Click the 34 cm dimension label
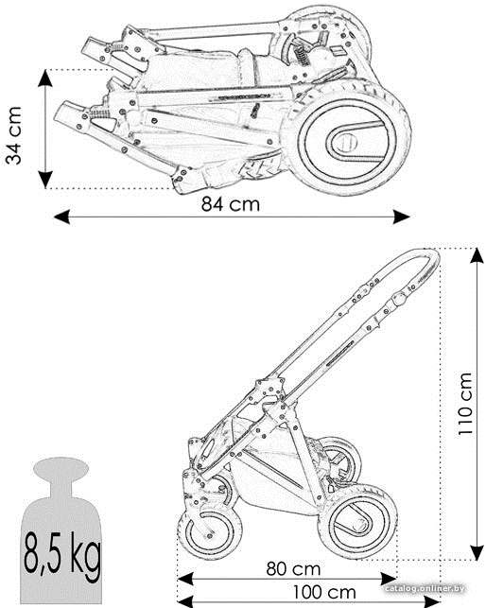coord(13,135)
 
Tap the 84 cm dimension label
coord(231,204)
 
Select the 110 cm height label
coord(465,403)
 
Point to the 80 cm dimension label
coord(294,569)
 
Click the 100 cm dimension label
coord(324,592)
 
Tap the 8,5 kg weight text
coord(62,555)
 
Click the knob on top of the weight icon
coord(61,468)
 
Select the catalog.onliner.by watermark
coord(425,588)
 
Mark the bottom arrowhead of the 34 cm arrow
coord(45,180)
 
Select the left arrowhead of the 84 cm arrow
coord(62,217)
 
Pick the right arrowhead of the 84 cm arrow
coord(402,217)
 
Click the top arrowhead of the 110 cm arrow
coord(477,256)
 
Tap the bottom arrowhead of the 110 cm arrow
coord(477,552)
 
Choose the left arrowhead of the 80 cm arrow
coord(185,580)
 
